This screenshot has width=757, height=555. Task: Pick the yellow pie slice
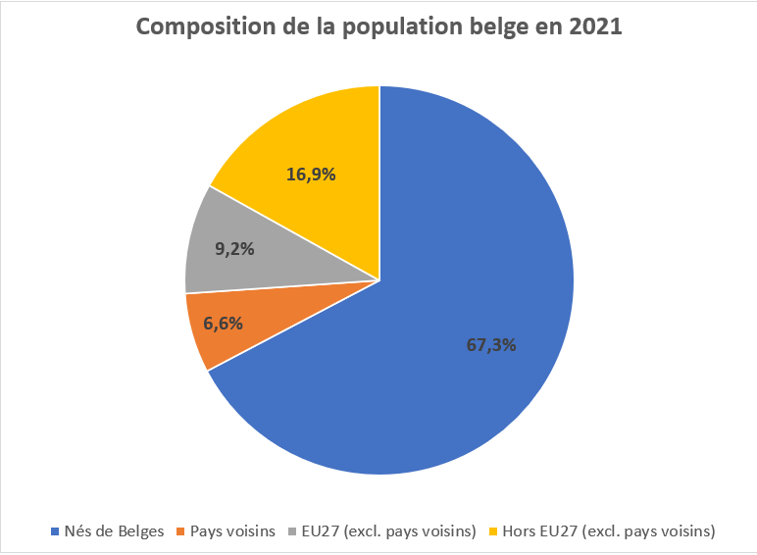[314, 147]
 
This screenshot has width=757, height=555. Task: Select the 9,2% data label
[234, 248]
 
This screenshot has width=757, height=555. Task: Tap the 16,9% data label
[312, 175]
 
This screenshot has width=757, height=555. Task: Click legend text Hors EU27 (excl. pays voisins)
[609, 531]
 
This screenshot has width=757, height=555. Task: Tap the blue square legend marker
[55, 532]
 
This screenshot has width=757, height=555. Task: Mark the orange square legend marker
[182, 532]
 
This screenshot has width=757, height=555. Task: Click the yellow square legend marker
[492, 532]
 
